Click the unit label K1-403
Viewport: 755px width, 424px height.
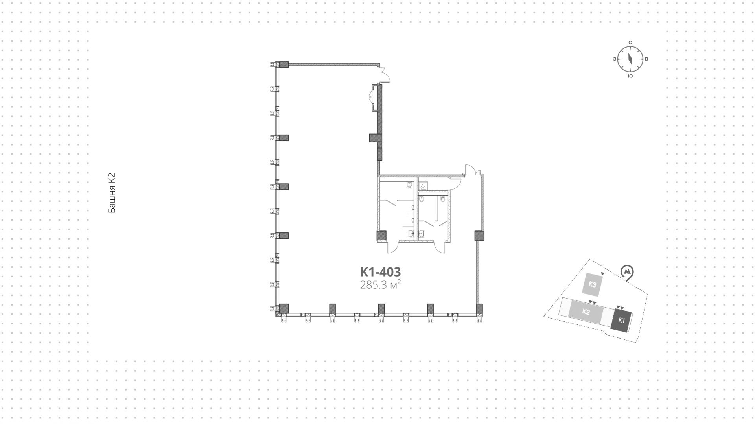click(380, 272)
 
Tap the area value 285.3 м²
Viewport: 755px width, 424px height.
click(380, 284)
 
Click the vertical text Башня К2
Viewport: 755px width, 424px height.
click(112, 193)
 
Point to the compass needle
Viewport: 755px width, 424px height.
click(630, 59)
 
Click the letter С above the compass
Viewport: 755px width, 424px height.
click(630, 42)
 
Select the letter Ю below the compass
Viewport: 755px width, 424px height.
click(630, 76)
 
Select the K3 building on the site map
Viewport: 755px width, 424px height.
click(593, 284)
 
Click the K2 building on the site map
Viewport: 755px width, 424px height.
click(586, 312)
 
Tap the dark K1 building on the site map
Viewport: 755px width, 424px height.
click(621, 320)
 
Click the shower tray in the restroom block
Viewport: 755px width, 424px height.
click(423, 184)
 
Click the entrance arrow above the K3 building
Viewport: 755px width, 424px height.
click(602, 273)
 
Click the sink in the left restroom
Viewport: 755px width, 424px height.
click(411, 233)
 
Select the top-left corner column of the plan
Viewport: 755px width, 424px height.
click(283, 65)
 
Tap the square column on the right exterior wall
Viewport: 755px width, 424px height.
click(479, 236)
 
